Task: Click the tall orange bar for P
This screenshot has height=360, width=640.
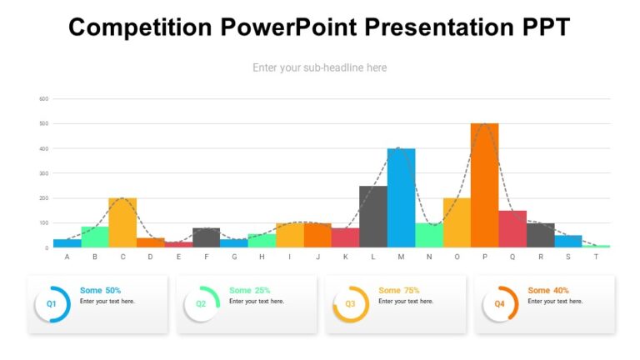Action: pos(484,186)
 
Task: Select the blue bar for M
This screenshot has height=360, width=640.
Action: pos(401,198)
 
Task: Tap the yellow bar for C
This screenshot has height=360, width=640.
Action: pos(122,222)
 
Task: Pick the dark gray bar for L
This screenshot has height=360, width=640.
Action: pos(372,217)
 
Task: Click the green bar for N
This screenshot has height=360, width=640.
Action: pos(428,235)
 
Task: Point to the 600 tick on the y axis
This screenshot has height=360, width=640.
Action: pos(44,99)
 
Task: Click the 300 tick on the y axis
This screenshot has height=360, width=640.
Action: pos(44,173)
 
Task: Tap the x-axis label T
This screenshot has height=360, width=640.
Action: pos(596,257)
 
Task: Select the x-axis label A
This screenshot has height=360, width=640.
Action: pos(67,257)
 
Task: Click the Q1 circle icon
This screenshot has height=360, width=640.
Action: pos(52,304)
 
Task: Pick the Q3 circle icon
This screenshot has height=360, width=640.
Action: pos(350,304)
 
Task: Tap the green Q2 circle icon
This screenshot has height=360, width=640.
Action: pos(201,304)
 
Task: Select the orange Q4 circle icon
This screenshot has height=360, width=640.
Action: pos(499,304)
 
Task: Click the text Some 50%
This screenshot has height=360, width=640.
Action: pos(100,290)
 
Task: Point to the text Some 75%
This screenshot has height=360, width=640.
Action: pos(398,290)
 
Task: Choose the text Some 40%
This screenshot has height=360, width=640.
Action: pos(548,290)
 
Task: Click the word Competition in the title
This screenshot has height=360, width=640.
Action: pos(141,27)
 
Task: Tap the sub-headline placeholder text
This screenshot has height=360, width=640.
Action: pos(319,67)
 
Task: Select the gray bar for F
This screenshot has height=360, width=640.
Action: pos(206,237)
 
